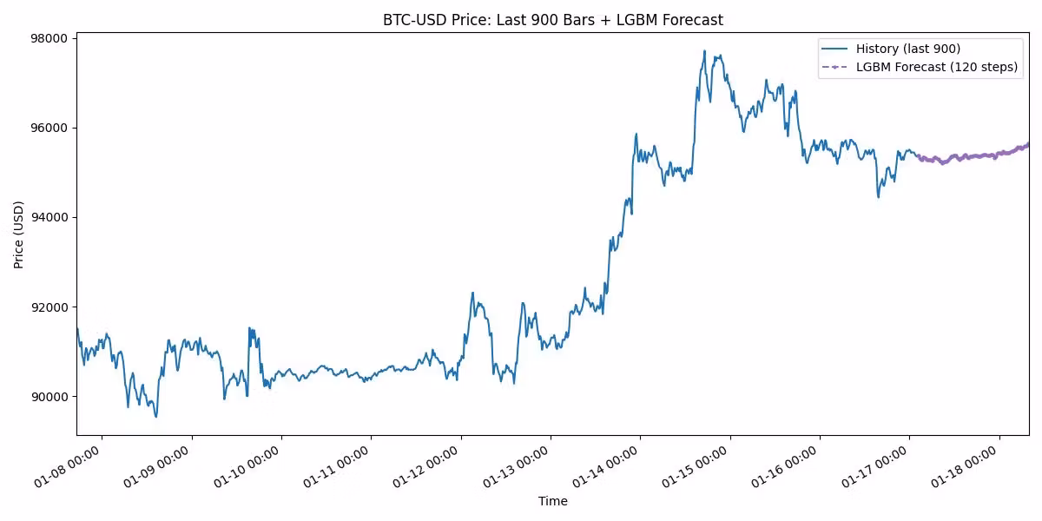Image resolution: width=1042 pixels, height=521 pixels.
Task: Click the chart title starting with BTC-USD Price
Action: [552, 20]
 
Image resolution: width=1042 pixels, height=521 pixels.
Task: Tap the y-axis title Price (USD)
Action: [19, 234]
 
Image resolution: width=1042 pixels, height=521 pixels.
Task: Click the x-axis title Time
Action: [552, 501]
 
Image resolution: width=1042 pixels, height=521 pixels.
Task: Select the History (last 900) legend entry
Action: [907, 49]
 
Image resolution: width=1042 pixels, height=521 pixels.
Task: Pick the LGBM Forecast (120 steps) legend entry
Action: [936, 67]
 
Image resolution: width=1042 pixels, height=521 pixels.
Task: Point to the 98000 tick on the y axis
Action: [50, 38]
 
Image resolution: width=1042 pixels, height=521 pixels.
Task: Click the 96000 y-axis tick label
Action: [50, 128]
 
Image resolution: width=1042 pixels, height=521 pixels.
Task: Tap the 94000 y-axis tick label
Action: [50, 217]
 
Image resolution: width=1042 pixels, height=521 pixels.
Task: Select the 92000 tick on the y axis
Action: [50, 307]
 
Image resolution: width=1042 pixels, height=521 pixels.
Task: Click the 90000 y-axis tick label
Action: [50, 397]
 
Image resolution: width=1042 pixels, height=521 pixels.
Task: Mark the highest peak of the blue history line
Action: [704, 50]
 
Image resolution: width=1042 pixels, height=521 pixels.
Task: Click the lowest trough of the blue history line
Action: [156, 417]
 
